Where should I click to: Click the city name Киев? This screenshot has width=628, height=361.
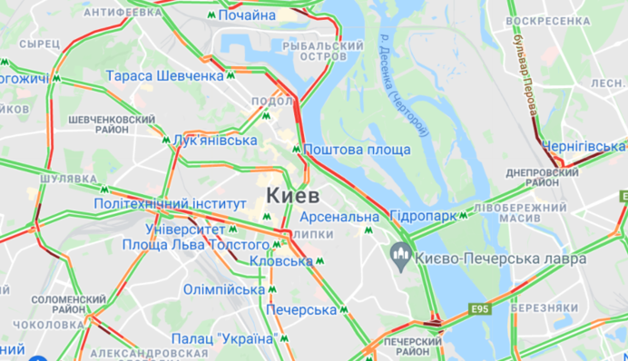click(292, 195)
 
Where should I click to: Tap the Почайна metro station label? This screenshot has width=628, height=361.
click(247, 15)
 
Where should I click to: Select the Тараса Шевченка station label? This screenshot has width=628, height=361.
click(164, 75)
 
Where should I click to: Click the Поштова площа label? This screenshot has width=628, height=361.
click(357, 150)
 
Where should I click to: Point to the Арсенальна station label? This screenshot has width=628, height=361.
click(341, 217)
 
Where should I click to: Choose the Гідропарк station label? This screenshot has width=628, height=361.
click(423, 217)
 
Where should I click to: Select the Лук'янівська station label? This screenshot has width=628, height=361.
click(215, 141)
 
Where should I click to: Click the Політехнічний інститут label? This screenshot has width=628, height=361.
click(170, 204)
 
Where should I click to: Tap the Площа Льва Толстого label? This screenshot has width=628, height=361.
click(196, 245)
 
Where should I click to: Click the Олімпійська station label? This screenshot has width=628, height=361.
click(223, 290)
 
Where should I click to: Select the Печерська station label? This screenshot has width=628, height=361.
click(301, 310)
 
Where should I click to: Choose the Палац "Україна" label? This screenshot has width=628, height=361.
click(224, 338)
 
